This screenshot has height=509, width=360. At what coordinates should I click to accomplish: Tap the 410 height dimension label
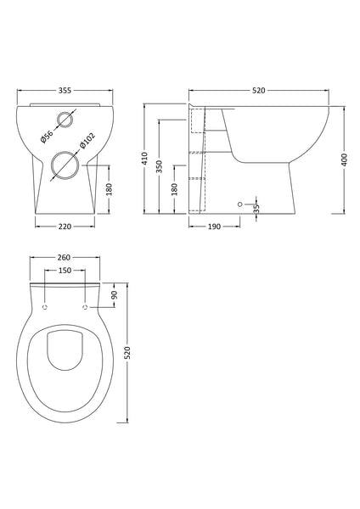point(146,159)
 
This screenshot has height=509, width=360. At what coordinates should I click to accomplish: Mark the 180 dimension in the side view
point(175,189)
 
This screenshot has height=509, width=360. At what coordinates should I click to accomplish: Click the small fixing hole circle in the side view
point(240,204)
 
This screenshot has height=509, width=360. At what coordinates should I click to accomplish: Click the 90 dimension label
point(116,294)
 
